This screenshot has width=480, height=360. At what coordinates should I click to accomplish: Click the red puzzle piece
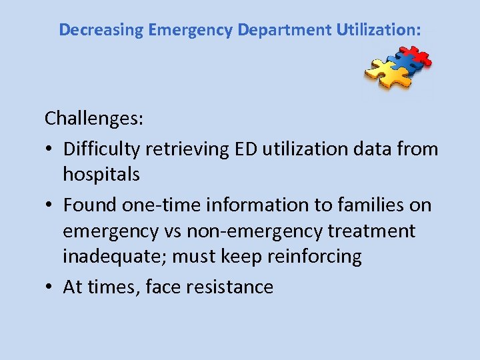[x=414, y=56]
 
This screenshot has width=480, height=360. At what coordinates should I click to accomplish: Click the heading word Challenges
[x=93, y=119]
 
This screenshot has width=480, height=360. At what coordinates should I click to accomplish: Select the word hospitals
[x=101, y=175]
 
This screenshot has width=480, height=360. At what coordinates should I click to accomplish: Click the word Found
[x=90, y=205]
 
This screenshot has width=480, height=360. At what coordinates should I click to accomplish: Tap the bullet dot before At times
[x=49, y=287]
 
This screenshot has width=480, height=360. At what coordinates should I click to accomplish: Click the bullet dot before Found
[x=49, y=205]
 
